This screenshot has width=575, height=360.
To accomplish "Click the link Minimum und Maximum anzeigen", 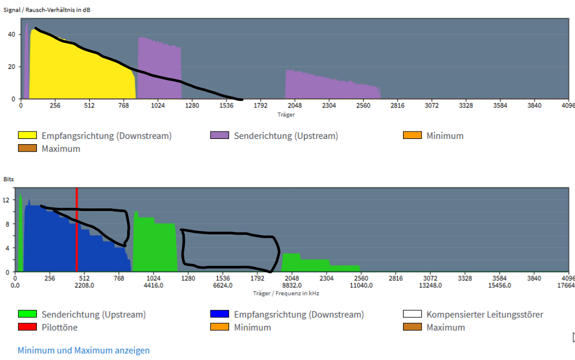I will click(84, 350).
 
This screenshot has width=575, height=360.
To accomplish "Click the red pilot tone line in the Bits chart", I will click(77, 230).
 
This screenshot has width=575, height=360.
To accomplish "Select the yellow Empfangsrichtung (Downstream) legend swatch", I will click(27, 136).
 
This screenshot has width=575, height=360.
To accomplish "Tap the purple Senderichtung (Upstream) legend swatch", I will click(219, 136).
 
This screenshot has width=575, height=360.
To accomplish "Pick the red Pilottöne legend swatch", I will click(27, 327).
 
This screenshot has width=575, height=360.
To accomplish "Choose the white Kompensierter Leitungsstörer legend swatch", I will click(412, 315).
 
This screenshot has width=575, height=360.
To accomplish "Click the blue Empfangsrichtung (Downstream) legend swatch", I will click(219, 315).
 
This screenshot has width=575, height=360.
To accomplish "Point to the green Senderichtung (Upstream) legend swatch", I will click(27, 315).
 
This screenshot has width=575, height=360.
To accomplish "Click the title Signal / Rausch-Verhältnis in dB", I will click(47, 10).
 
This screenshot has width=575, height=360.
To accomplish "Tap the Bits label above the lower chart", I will click(9, 179).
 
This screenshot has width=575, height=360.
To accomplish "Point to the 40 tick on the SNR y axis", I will click(12, 34).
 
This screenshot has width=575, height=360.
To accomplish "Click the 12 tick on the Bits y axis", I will click(6, 200).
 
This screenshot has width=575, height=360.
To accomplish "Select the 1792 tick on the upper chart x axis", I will click(261, 106).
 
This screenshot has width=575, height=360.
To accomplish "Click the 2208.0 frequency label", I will click(84, 285).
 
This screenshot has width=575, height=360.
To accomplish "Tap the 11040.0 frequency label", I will click(361, 285).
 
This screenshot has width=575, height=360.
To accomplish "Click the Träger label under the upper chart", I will click(286, 114).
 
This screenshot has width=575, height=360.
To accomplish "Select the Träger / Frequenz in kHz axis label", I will click(286, 293).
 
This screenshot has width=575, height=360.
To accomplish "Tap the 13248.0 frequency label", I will click(430, 285).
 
